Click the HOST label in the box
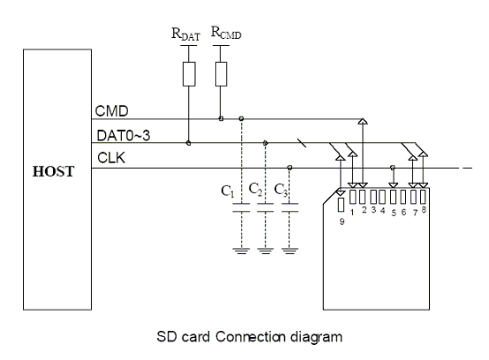pyautogui.click(x=53, y=171)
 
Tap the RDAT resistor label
pyautogui.click(x=185, y=34)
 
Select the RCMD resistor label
pyautogui.click(x=226, y=33)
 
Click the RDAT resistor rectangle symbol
pyautogui.click(x=189, y=74)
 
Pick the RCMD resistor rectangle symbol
pyautogui.click(x=222, y=74)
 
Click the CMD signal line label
pyautogui.click(x=111, y=111)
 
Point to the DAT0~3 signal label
pyautogui.click(x=124, y=136)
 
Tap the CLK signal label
pyautogui.click(x=111, y=158)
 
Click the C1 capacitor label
pyautogui.click(x=228, y=191)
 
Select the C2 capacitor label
pyautogui.click(x=255, y=189)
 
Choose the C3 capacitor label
pyautogui.click(x=281, y=190)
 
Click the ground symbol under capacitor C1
pyautogui.click(x=241, y=251)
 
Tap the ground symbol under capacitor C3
pyautogui.click(x=290, y=251)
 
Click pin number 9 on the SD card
pyautogui.click(x=342, y=221)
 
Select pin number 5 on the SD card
pyautogui.click(x=394, y=213)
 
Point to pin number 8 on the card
pyautogui.click(x=424, y=210)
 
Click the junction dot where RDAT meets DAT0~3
pyautogui.click(x=188, y=143)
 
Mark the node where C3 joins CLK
pyautogui.click(x=290, y=168)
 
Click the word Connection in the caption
pyautogui.click(x=250, y=337)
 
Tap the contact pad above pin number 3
pyautogui.click(x=373, y=197)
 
